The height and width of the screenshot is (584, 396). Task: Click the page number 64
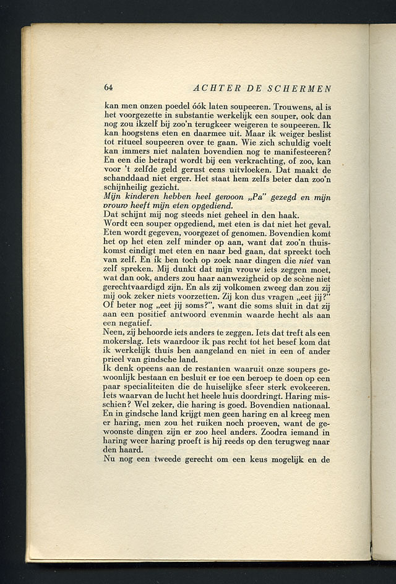tap(108, 88)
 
